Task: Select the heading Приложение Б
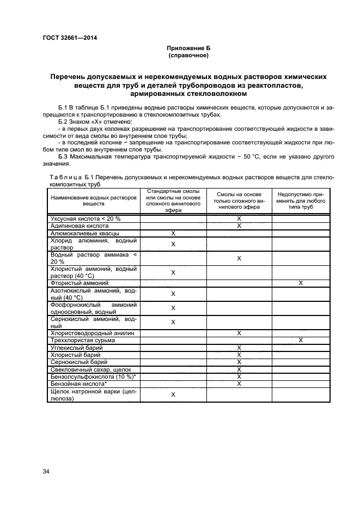point(188,48)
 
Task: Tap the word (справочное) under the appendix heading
point(188,56)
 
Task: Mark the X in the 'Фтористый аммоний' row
point(301,283)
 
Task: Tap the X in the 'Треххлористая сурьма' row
point(301,340)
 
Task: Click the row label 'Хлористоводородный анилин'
point(92,333)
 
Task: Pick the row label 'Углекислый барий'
point(76,347)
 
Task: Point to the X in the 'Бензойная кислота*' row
point(239,384)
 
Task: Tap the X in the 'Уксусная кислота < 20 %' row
point(239,218)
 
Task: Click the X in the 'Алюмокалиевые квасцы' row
point(173,233)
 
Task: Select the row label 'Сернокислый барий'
point(78,362)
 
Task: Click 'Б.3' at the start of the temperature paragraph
point(63,157)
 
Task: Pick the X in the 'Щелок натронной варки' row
point(173,394)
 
